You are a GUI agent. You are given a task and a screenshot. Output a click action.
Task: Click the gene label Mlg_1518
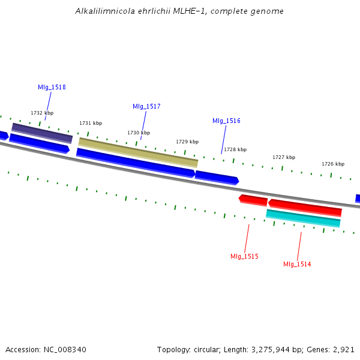(x=52, y=87)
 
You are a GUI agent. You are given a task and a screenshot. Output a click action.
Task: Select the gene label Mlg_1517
(x=146, y=106)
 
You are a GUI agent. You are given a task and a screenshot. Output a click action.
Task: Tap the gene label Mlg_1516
(x=226, y=121)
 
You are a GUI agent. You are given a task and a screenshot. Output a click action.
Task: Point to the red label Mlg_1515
(x=244, y=256)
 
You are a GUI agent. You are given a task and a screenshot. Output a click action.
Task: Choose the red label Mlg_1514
(x=297, y=264)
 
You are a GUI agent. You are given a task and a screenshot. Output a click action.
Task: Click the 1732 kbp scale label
(x=42, y=113)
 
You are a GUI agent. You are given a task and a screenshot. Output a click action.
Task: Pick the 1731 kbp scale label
(x=91, y=123)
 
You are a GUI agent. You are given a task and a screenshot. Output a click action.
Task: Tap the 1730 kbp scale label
(x=139, y=133)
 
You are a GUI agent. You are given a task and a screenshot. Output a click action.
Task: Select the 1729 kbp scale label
(x=187, y=142)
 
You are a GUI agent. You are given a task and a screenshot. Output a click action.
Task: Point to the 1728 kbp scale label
(x=235, y=149)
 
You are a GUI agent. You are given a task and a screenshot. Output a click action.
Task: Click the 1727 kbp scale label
(x=284, y=157)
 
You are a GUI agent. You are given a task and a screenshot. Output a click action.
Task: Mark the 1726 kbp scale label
(x=333, y=164)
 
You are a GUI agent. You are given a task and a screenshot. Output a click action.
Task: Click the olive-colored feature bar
(x=138, y=152)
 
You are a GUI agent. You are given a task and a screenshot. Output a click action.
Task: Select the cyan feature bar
(x=303, y=218)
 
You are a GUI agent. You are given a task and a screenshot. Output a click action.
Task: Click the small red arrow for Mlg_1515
(x=253, y=199)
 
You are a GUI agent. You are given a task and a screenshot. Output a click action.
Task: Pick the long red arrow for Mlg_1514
(x=305, y=207)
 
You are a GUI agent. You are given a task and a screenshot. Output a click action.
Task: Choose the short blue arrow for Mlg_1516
(x=217, y=177)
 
